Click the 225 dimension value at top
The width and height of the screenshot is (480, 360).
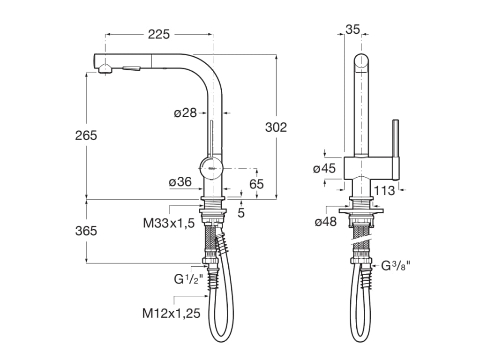click(x=159, y=34)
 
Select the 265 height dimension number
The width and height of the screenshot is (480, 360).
click(x=86, y=135)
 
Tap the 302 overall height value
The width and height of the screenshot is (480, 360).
click(x=276, y=127)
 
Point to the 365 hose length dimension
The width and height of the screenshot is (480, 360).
click(x=86, y=231)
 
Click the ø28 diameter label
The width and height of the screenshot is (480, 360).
click(x=184, y=113)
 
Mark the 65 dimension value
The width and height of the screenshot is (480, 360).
click(x=256, y=184)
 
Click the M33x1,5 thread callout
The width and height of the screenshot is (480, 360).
click(x=169, y=223)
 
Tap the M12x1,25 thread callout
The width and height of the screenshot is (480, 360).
click(x=172, y=313)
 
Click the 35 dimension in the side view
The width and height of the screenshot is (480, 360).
click(x=352, y=29)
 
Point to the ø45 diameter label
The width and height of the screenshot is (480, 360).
click(x=325, y=168)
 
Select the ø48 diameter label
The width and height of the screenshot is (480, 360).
click(x=326, y=222)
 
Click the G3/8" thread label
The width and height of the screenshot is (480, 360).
click(x=396, y=266)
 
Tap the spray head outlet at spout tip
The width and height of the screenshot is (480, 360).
click(x=105, y=69)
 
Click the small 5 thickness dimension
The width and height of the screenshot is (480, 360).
click(x=241, y=212)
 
